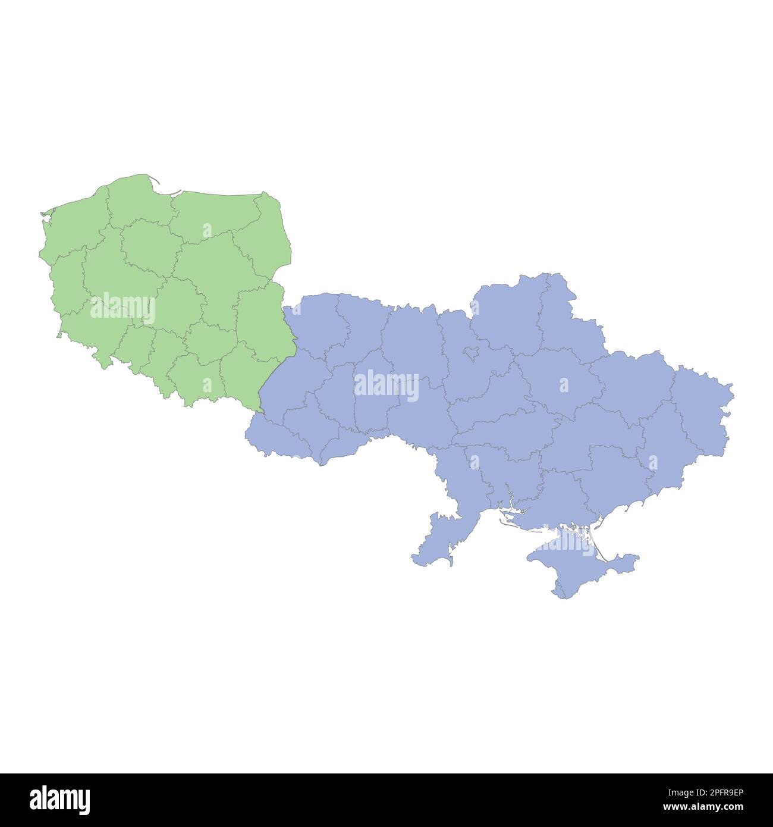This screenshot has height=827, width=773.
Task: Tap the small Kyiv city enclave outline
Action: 472,353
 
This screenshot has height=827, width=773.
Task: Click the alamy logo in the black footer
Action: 60,800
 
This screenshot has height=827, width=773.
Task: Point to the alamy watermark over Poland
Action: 122,308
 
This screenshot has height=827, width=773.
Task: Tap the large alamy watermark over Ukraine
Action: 386,385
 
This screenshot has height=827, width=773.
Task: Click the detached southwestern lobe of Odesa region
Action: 434,538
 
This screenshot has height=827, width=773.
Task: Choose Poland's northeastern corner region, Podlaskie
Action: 265,238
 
